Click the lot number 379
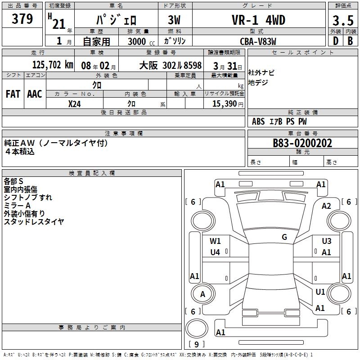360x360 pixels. coord(22,19)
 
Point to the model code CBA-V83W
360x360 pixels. coord(258,41)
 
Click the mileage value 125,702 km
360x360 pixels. coord(53,65)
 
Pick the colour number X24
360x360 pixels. coord(74,103)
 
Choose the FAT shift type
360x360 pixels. coord(13,94)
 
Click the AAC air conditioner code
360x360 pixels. coord(35,94)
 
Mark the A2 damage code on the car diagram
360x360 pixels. coord(326,206)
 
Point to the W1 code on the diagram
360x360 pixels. coord(216,241)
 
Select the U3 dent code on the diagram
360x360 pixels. coord(326,241)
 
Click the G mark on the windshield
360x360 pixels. coord(284,237)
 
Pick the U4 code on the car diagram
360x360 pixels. coord(216,252)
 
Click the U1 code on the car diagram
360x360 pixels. coord(320,292)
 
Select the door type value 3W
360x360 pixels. coord(174,20)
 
